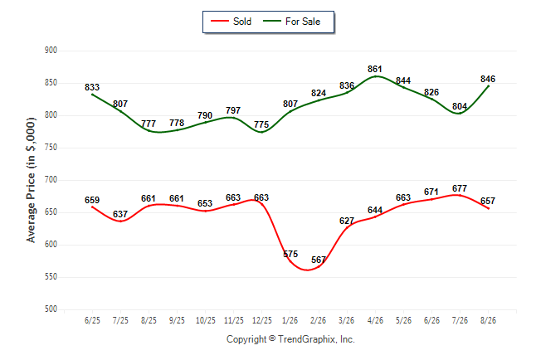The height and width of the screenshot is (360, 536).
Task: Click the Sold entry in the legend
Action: pos(231,22)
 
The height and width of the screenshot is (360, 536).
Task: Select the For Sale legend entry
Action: pos(291,22)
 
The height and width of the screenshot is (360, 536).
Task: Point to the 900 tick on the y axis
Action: pos(51,51)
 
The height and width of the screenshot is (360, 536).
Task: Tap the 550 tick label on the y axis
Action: pos(51,276)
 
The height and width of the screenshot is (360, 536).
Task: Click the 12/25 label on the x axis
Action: pos(262,320)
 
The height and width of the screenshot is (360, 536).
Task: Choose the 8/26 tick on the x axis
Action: pos(488,320)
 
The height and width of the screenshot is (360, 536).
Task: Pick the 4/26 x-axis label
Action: pos(375,320)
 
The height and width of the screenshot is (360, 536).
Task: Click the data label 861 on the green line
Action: pos(375,69)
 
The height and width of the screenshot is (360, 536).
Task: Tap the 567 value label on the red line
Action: pos(319,260)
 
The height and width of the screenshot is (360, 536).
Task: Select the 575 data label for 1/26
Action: pos(290,254)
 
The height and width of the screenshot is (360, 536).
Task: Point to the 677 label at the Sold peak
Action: pos(460,188)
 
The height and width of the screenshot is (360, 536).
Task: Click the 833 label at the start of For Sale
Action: pos(92,87)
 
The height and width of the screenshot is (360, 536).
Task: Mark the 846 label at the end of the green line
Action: pos(488,79)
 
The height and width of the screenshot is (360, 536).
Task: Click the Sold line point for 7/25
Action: pos(120,221)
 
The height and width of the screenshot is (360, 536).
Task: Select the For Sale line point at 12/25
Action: pos(262,132)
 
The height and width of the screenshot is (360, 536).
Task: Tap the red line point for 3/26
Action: pos(347,227)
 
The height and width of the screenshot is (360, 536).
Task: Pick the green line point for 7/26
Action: pos(460,113)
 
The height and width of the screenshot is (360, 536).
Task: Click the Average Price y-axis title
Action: pos(31,180)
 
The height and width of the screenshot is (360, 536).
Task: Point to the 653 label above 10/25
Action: pos(205,203)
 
